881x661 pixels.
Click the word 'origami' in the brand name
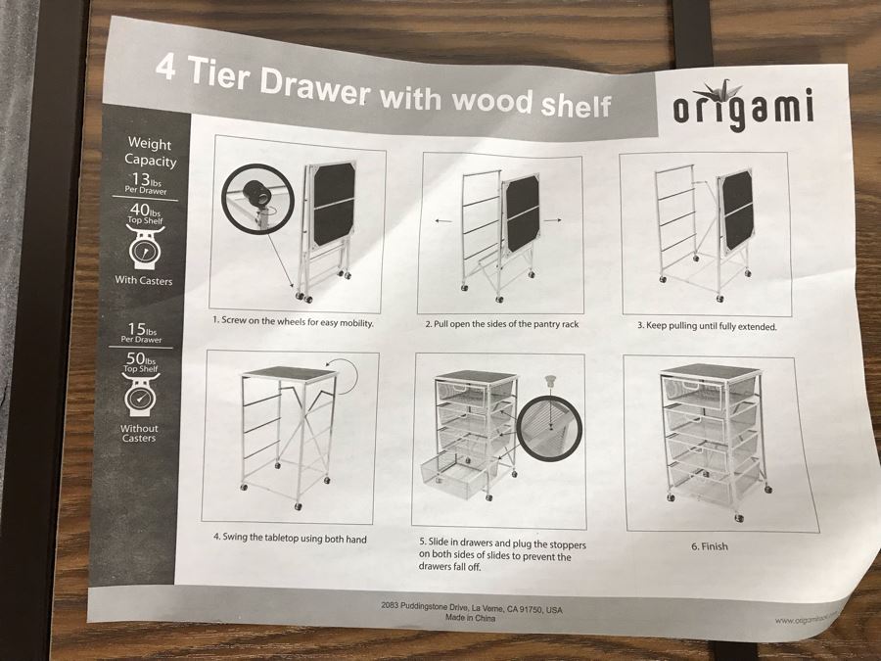[743, 109]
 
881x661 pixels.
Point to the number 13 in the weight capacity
[141, 179]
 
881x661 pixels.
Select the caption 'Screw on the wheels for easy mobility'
[294, 321]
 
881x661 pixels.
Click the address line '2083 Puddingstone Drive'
[471, 607]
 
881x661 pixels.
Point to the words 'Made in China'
[470, 619]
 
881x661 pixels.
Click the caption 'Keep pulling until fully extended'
[712, 325]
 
